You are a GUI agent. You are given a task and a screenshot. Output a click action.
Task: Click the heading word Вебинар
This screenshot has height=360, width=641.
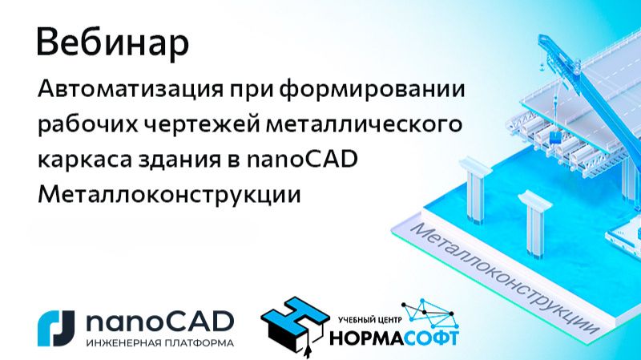(113, 43)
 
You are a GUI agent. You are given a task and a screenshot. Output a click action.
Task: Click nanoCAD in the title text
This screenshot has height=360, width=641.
(309, 160)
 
